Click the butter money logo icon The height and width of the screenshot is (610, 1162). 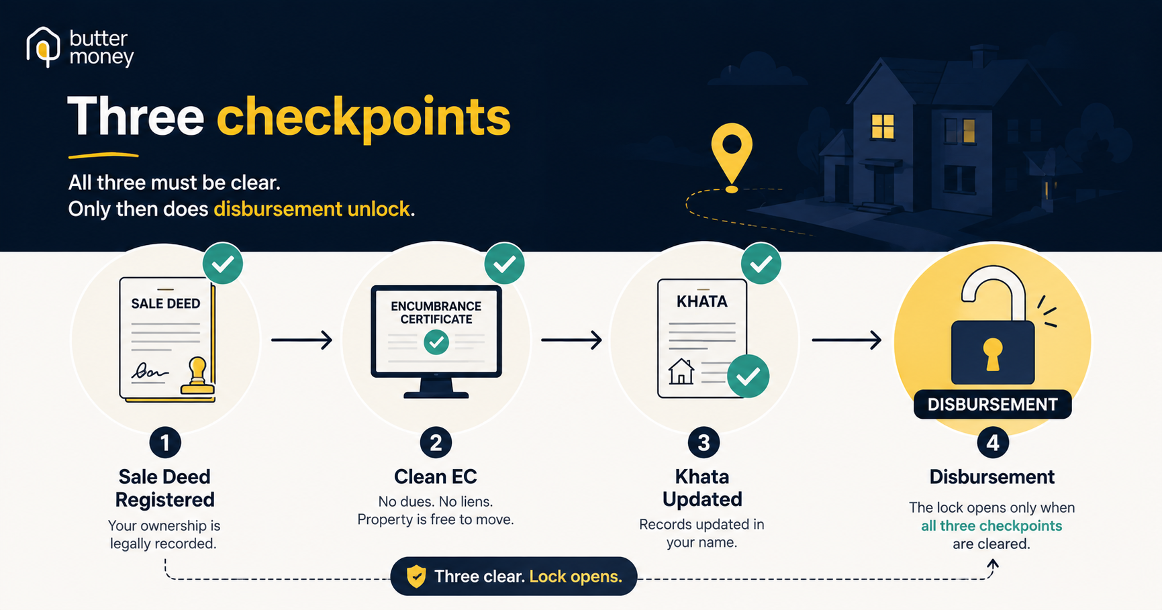[43, 47]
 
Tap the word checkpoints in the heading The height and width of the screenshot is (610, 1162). [363, 117]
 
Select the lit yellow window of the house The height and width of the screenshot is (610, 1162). [882, 126]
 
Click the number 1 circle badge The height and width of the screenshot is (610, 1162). [165, 443]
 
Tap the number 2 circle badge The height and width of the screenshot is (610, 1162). [436, 443]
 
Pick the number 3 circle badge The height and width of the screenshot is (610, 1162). [704, 443]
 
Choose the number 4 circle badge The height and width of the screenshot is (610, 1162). [992, 443]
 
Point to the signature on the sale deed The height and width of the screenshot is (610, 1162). [149, 371]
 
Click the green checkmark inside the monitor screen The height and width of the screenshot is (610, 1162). [436, 342]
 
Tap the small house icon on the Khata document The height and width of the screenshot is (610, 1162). [681, 371]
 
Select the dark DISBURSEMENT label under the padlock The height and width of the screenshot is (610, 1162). [992, 405]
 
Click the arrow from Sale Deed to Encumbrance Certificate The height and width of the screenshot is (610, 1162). [302, 340]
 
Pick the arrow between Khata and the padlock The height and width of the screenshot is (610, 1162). [846, 340]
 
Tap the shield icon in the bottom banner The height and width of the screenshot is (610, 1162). [416, 576]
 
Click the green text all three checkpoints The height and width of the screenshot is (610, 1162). [991, 526]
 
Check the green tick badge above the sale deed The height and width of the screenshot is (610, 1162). [223, 264]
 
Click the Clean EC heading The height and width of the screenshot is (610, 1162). [435, 477]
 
